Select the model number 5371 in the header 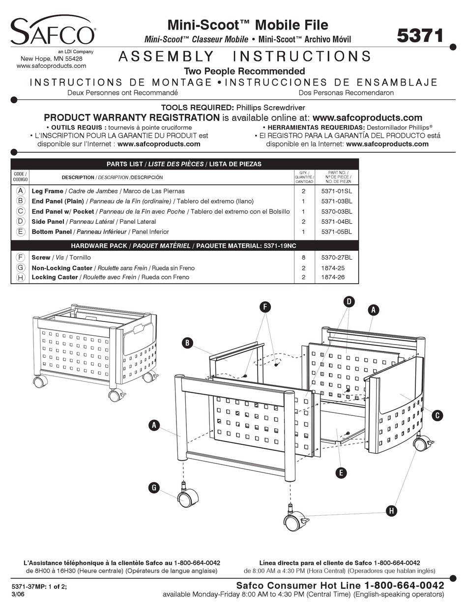[420, 35]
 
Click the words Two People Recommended [244, 71]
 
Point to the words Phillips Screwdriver [270, 107]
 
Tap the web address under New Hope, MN [48, 65]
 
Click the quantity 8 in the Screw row [303, 258]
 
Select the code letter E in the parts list [20, 232]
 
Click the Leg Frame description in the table [47, 191]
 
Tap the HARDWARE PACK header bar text [184, 245]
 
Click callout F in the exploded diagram [265, 307]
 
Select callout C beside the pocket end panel [437, 415]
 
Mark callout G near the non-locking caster [154, 487]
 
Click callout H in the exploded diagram [391, 511]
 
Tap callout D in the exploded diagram [349, 302]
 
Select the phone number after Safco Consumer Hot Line [404, 585]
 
